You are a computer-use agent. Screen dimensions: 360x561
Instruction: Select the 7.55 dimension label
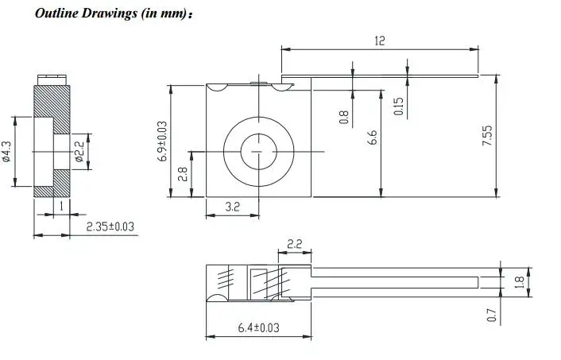click(488, 136)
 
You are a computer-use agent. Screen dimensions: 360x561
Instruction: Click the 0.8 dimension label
click(343, 117)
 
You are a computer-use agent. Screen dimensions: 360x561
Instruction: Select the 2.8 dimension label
click(184, 174)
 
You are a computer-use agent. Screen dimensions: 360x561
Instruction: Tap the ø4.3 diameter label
click(7, 151)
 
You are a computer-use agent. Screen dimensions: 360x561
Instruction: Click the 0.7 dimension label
click(490, 315)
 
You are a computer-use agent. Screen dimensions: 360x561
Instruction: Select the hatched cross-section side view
click(52, 139)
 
